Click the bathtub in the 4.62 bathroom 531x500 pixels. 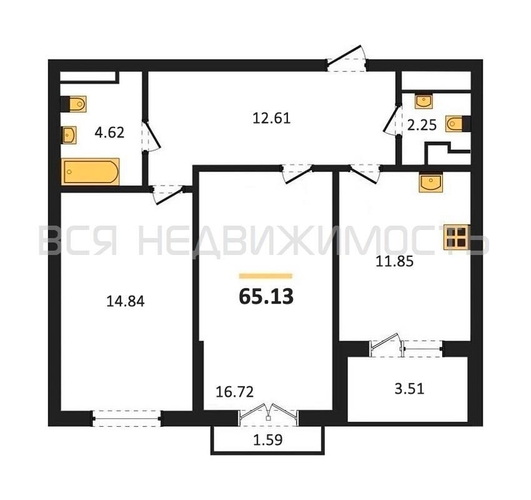(90, 171)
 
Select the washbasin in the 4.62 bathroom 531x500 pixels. (69, 135)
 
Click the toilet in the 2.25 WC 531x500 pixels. (454, 124)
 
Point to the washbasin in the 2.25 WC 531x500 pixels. (424, 101)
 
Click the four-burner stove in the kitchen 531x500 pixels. (456, 237)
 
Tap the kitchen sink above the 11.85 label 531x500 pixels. (430, 182)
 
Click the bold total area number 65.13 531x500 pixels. (266, 297)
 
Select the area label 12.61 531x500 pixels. (272, 119)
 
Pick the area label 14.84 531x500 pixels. (126, 301)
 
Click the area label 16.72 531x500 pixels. (235, 392)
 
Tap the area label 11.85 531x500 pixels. (395, 261)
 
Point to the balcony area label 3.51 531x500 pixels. (409, 389)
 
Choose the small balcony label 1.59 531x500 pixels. (268, 440)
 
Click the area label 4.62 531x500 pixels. (109, 132)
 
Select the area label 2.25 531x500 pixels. (422, 125)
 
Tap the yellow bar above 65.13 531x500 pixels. (266, 276)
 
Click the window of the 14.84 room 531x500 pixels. (127, 419)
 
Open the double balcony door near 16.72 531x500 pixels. (269, 415)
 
